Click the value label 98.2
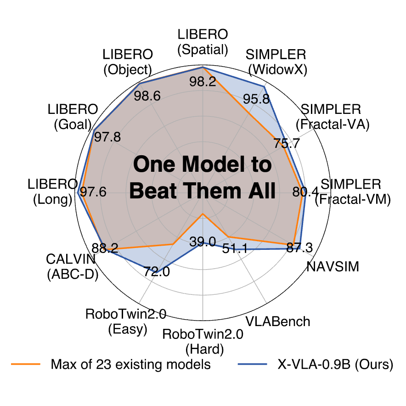point(203,82)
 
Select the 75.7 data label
point(288,143)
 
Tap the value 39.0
point(203,242)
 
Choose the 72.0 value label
point(157,271)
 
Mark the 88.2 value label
point(105,248)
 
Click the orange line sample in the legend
point(28,365)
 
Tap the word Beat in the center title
point(152,191)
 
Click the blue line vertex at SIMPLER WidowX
point(264,86)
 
